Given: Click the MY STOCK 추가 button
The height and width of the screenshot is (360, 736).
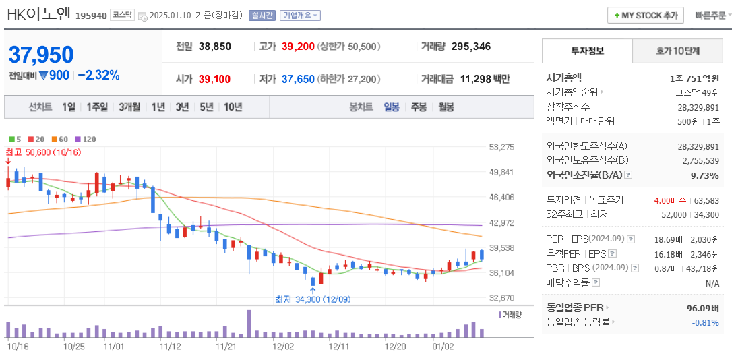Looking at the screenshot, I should click(x=646, y=15).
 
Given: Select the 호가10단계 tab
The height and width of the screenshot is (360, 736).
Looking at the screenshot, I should click(x=677, y=51).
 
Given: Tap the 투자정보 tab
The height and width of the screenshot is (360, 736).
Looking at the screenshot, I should click(x=587, y=51).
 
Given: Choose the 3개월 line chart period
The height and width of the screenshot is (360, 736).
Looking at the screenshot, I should click(x=129, y=107).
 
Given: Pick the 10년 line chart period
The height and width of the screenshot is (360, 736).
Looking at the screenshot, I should click(x=233, y=107).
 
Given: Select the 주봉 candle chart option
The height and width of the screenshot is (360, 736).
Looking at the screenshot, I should click(x=419, y=107).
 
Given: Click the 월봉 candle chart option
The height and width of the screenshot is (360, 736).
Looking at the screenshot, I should click(x=446, y=107).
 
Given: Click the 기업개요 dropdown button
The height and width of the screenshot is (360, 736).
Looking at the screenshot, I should click(x=301, y=15).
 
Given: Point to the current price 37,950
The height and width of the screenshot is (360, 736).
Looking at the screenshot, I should click(x=41, y=55).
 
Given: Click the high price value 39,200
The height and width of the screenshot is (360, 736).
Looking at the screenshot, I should click(x=298, y=47).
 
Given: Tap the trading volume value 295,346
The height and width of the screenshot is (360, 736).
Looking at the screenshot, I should click(x=470, y=47).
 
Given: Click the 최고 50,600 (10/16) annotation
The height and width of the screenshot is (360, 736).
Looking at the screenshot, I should click(x=43, y=152).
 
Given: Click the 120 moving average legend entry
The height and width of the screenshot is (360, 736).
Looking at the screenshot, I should click(x=86, y=139).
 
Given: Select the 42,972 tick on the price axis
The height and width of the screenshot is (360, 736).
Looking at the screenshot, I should click(x=502, y=222).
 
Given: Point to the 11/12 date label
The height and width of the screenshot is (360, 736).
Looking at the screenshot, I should click(x=170, y=347).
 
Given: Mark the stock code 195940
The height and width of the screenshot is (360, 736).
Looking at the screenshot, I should click(x=91, y=16).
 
